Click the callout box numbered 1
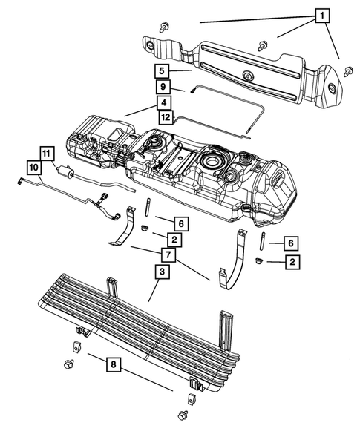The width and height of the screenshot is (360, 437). tap(321, 15)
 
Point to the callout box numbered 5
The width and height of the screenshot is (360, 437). tap(162, 72)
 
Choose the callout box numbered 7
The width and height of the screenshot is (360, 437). tap(169, 254)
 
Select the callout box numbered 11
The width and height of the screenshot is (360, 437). tap(46, 154)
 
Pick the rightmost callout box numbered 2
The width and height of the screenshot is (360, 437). tap(293, 261)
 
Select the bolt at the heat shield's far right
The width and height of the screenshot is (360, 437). tap(348, 70)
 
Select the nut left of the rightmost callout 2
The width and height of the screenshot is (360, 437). tap(257, 261)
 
